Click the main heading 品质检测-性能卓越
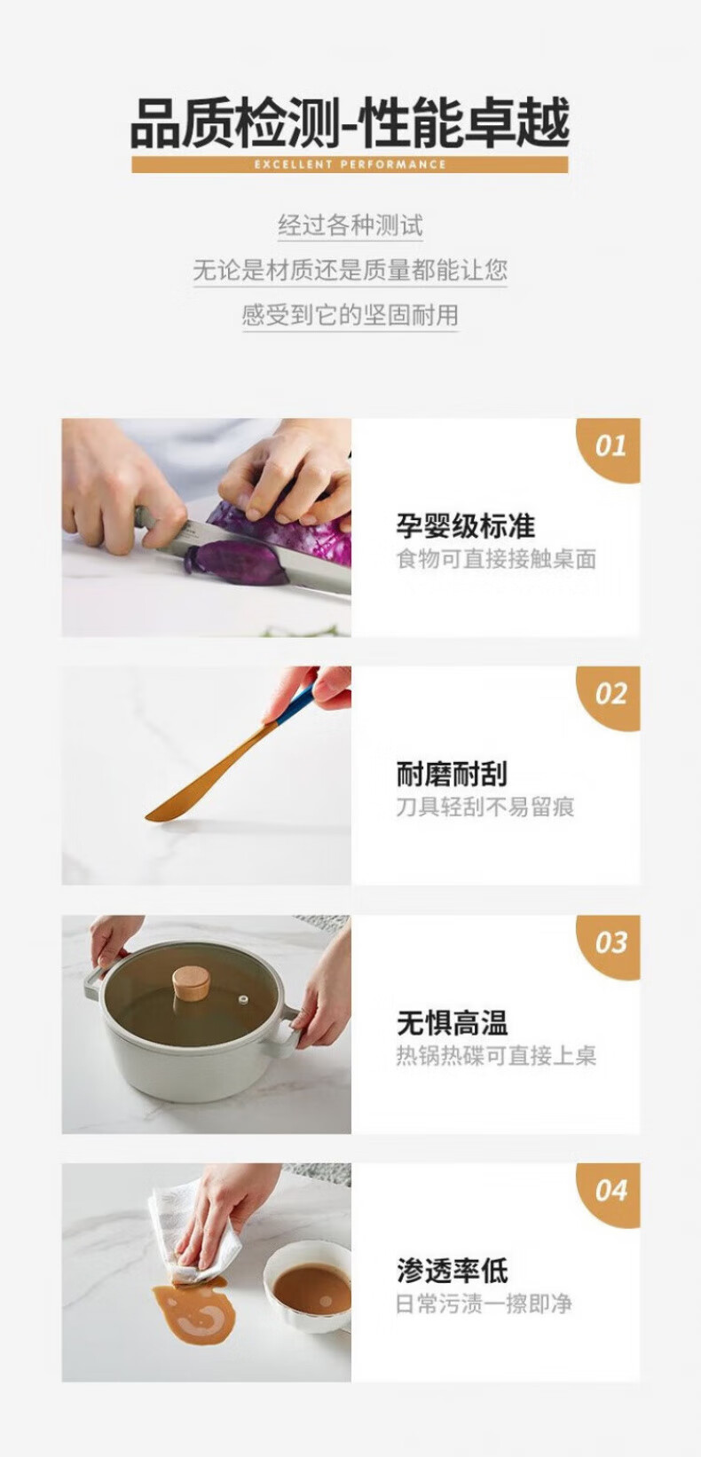[x=350, y=122]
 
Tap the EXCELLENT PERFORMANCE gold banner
[x=350, y=164]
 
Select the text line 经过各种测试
[x=350, y=225]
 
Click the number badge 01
[x=609, y=450]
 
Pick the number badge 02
[x=609, y=697]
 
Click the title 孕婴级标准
[x=466, y=525]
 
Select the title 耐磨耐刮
[x=452, y=774]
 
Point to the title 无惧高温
[x=452, y=1022]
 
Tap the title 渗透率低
[x=452, y=1271]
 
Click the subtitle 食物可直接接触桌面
[x=496, y=559]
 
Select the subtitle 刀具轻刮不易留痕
[x=485, y=807]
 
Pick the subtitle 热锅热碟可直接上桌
[x=496, y=1055]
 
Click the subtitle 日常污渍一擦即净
[x=484, y=1303]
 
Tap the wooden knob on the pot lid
[x=191, y=981]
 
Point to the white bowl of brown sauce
[x=307, y=1288]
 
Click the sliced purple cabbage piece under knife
[x=237, y=564]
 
